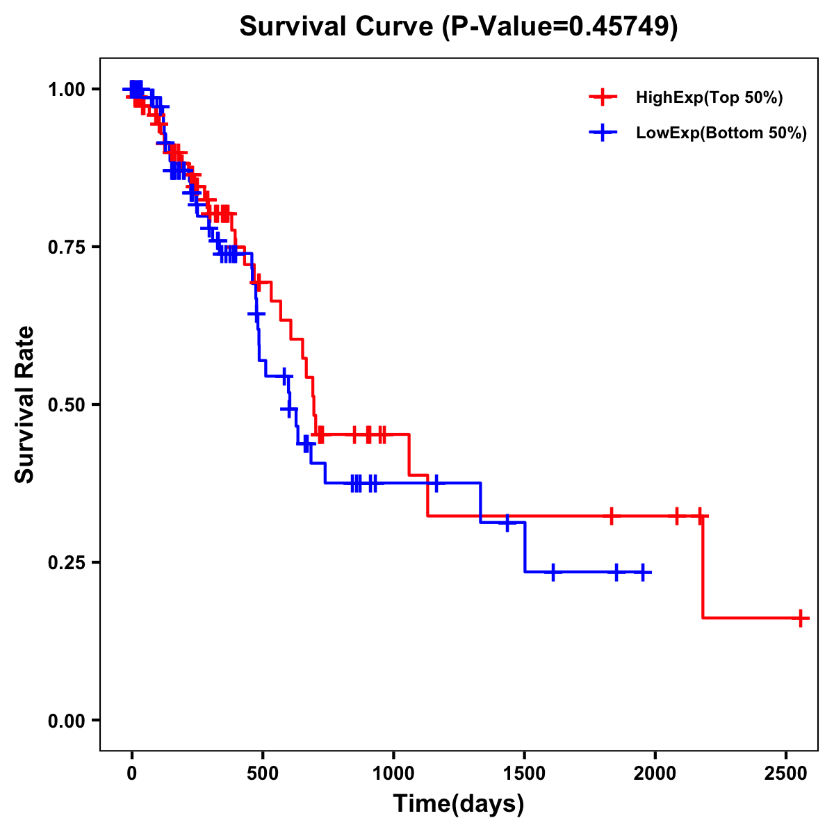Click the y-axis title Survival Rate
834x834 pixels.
25,404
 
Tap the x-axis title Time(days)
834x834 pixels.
459,804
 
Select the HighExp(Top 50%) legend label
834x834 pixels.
709,98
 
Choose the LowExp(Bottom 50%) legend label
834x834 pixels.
721,133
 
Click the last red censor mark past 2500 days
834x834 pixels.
801,618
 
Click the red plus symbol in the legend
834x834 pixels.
603,97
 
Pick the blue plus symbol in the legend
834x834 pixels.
603,133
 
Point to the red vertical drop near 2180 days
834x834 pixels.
703,566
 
